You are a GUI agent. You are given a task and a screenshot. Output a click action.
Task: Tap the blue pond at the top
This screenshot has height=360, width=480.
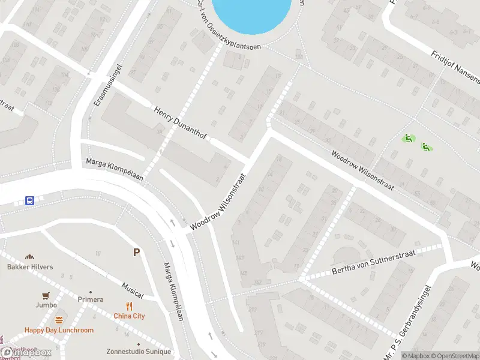point(252,13)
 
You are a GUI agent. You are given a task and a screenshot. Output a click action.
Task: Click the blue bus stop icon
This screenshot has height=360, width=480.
point(29,200)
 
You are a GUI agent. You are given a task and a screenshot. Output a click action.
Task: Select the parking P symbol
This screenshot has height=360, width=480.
point(137,253)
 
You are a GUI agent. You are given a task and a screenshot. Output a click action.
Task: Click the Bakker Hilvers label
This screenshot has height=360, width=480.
point(30,267)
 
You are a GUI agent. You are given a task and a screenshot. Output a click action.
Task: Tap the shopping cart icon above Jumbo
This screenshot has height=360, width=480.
point(46,296)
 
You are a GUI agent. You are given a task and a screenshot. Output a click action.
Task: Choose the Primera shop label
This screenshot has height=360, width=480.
point(91,299)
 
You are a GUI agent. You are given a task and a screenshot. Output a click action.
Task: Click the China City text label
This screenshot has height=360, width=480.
point(130,316)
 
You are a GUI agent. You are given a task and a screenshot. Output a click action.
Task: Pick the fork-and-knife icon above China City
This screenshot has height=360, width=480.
point(129,306)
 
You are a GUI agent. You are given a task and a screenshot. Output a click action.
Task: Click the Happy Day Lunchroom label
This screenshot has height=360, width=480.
point(59,330)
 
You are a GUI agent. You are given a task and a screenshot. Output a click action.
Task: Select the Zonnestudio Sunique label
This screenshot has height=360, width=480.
point(139,352)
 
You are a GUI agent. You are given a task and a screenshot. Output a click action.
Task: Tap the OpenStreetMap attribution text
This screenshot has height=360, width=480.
point(454,356)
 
